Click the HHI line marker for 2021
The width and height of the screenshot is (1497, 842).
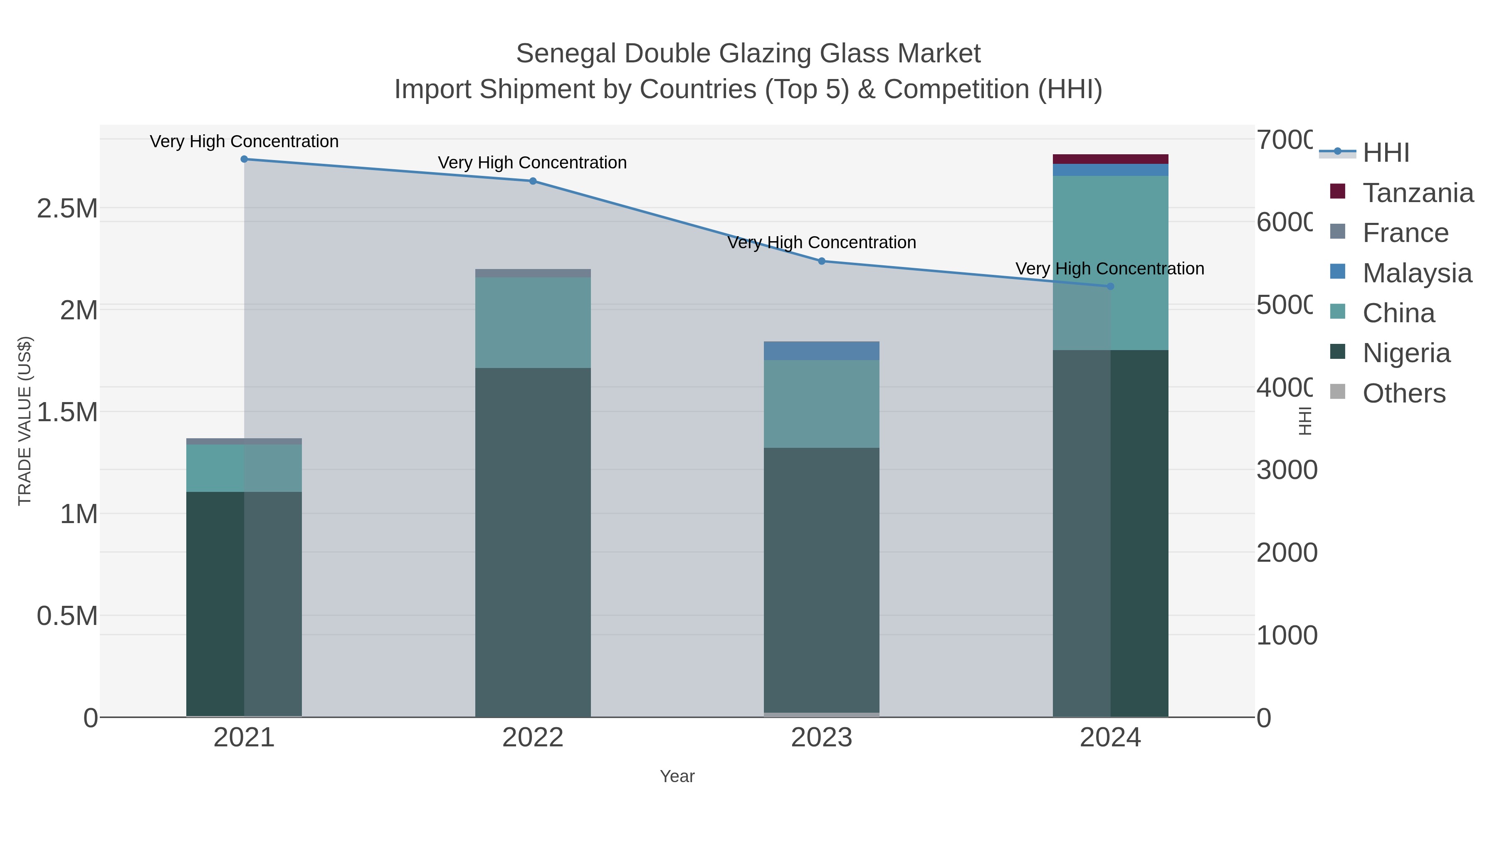pos(244,159)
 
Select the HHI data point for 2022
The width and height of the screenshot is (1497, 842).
pos(533,181)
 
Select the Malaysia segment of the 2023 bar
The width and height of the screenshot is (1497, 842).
pos(822,351)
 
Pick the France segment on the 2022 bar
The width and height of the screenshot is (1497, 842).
pos(533,273)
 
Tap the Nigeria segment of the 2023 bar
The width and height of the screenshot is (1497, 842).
pos(822,581)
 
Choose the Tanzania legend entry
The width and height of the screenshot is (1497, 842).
pos(1418,193)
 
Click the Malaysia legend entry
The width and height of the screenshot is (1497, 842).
pos(1417,273)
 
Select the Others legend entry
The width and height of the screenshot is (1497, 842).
pos(1403,393)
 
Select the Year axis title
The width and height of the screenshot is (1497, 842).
pos(677,776)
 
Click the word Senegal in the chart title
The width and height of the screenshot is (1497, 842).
pos(566,54)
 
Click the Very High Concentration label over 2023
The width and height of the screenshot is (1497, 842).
pos(822,242)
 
